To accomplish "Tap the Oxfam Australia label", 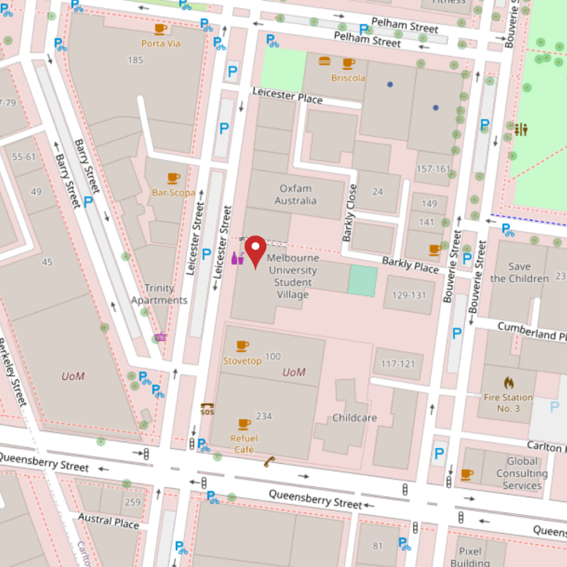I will click(295, 195).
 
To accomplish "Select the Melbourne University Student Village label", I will click(292, 277).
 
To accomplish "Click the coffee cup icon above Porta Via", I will click(161, 28).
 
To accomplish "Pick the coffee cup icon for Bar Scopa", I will click(173, 178).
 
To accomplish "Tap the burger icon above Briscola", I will click(324, 62).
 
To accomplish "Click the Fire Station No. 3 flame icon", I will click(508, 382).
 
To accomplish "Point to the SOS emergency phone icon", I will click(207, 409).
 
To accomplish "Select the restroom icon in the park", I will click(521, 129).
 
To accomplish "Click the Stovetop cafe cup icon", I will click(243, 346).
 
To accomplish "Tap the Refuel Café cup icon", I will click(244, 424).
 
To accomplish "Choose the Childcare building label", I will click(355, 418).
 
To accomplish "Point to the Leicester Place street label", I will click(287, 96).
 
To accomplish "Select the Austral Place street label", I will click(108, 520).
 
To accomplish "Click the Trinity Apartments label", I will click(159, 294).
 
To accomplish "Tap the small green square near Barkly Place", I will click(363, 279).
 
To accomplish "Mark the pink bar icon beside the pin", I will click(237, 258).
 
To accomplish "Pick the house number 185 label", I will click(135, 60).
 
